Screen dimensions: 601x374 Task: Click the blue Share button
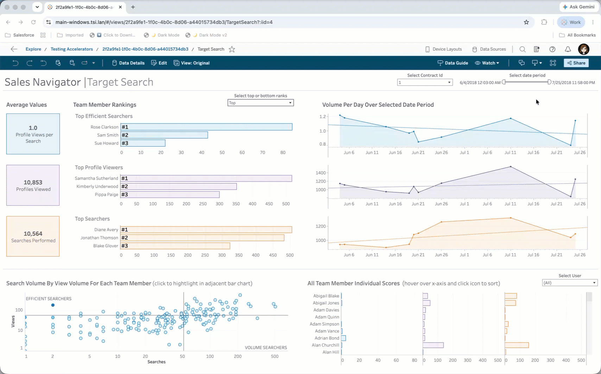(576, 63)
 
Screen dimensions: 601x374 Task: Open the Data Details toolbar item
(128, 63)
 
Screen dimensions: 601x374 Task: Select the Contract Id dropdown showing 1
(425, 82)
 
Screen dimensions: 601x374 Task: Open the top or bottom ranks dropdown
(260, 103)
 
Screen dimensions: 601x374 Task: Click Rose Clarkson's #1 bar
(206, 127)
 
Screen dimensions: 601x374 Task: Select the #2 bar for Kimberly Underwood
(178, 186)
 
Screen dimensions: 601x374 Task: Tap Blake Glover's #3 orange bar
(175, 246)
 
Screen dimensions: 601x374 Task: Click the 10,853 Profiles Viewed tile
(33, 185)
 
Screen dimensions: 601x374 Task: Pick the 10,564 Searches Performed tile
(33, 237)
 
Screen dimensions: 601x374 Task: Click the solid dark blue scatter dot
(53, 305)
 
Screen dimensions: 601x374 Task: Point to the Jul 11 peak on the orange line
(511, 218)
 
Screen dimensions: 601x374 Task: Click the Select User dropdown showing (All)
(570, 283)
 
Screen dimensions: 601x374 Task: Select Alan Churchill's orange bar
(517, 345)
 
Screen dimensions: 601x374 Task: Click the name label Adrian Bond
(327, 338)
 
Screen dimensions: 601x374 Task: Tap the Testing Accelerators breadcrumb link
(72, 49)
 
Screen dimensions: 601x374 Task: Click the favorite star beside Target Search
(232, 49)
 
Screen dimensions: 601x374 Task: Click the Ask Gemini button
(579, 7)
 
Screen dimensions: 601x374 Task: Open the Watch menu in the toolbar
(487, 63)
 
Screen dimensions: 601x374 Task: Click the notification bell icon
(568, 49)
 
